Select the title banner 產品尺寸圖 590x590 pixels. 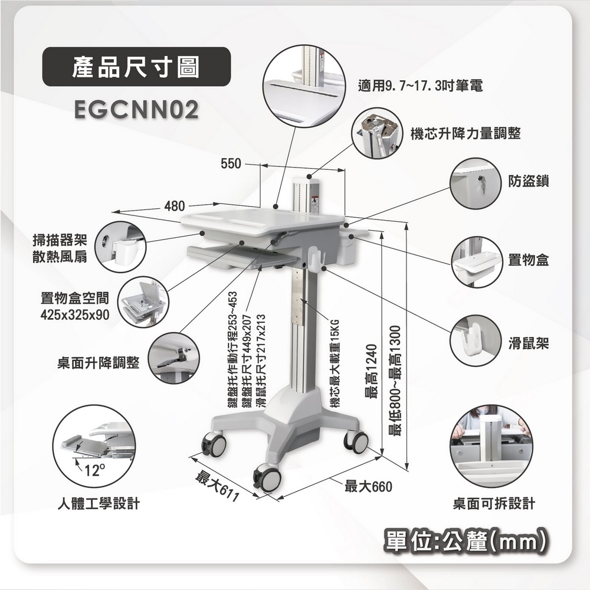coord(135,67)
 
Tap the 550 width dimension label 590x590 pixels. coord(230,164)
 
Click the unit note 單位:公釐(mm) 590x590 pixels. coord(467,540)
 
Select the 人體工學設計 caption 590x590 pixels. coord(99,504)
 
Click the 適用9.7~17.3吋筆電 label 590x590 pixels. coord(421,86)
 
